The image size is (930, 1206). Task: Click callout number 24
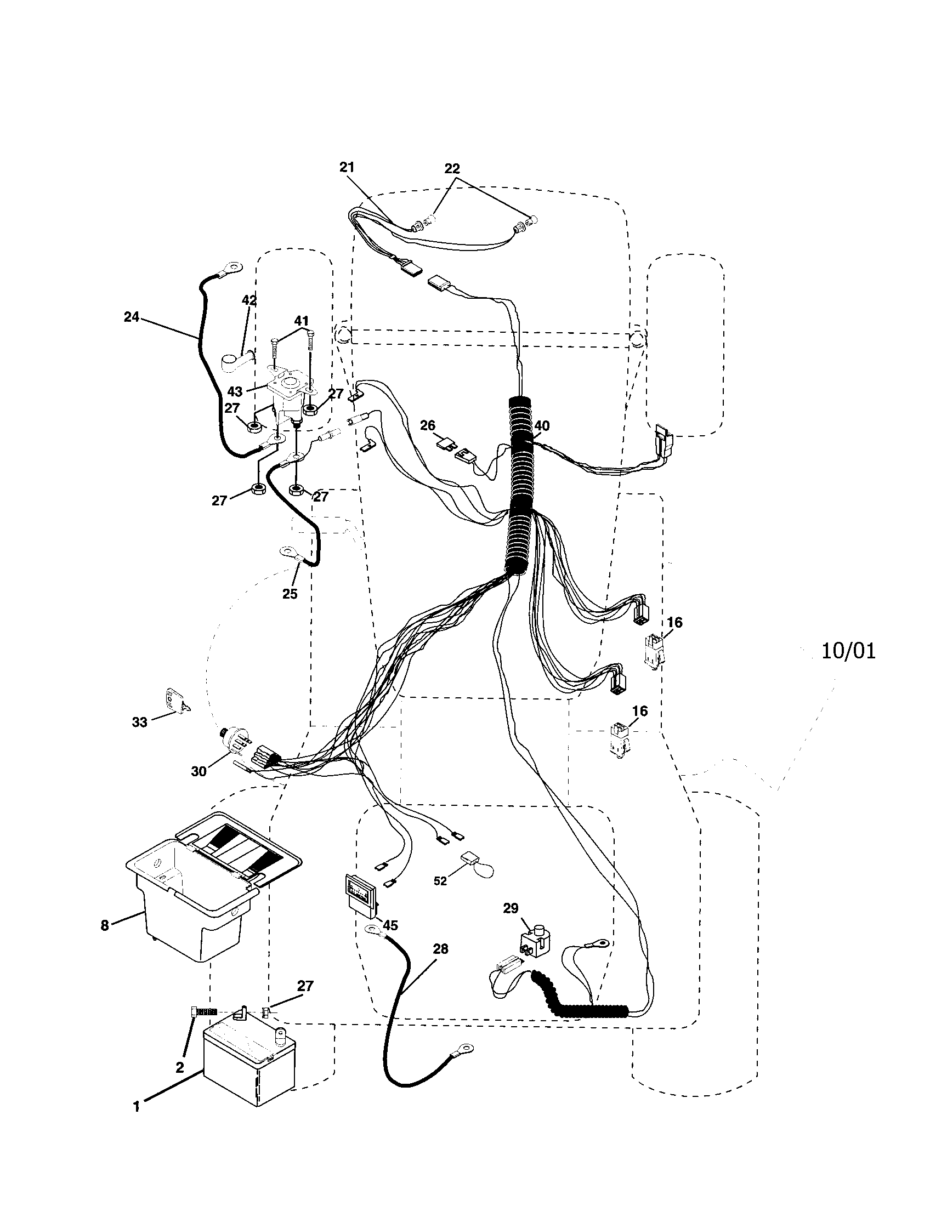(132, 317)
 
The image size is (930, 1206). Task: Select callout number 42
(249, 300)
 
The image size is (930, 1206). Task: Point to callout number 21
(347, 167)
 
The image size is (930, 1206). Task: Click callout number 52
(440, 881)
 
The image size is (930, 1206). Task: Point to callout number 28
(440, 949)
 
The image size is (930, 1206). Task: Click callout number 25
(290, 594)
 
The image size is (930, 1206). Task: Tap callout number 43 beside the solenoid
(235, 391)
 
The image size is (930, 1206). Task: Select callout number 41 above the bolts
(301, 321)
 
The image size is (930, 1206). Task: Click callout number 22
(452, 168)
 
